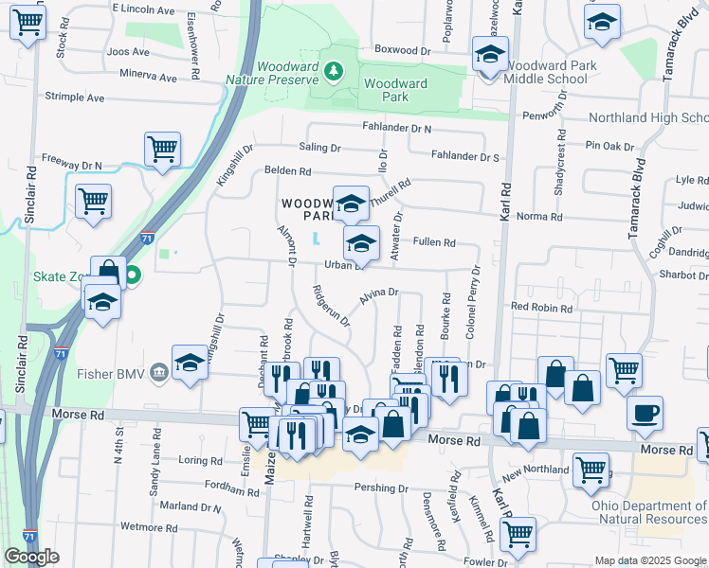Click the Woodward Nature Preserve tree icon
pos(332,71)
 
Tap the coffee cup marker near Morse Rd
pos(645,414)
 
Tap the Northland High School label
pos(648,118)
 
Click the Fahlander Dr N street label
pos(395,128)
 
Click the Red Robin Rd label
pos(542,308)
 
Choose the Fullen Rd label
pos(434,243)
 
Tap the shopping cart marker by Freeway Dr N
pos(162,149)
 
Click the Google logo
pos(31,557)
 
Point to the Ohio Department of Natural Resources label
pos(649,512)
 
